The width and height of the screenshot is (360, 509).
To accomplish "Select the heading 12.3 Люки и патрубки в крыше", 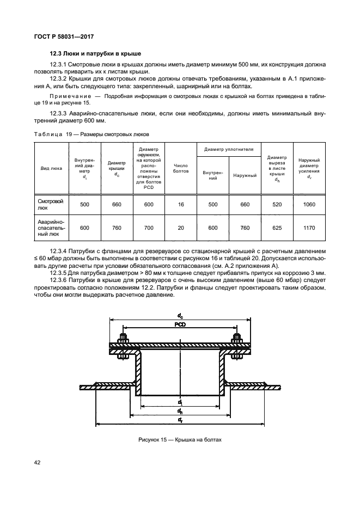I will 95,54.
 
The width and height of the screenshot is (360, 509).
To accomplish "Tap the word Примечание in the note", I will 68,102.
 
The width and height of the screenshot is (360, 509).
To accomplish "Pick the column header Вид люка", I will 52,168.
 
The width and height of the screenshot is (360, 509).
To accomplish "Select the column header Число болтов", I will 180,168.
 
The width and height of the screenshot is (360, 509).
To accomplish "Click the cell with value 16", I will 180,204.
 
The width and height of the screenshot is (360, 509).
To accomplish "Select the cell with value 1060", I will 309,204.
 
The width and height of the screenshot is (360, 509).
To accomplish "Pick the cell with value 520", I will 277,204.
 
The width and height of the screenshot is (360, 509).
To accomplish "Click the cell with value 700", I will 149,229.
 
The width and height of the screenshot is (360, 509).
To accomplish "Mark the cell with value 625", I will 277,229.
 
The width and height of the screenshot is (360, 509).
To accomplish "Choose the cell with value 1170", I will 309,229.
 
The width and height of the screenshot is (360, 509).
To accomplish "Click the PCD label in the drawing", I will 180,324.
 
